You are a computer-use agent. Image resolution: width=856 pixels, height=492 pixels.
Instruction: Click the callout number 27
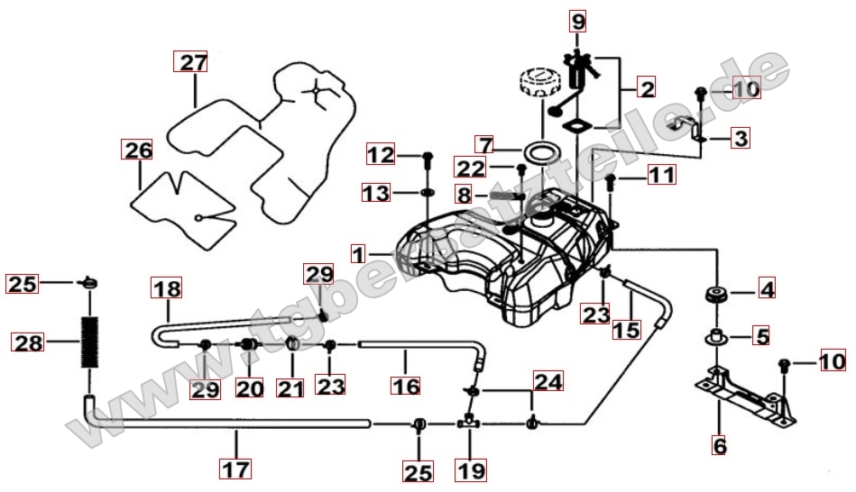(x=191, y=61)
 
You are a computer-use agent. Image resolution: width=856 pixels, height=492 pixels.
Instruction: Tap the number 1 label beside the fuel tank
(x=358, y=254)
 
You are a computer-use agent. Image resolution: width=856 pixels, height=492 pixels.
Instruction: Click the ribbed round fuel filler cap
(x=538, y=82)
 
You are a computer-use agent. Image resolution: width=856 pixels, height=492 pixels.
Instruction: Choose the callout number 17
(x=235, y=469)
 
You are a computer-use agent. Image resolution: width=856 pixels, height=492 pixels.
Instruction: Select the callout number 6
(x=720, y=446)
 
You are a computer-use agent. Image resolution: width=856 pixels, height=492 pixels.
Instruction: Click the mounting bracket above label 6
(x=745, y=395)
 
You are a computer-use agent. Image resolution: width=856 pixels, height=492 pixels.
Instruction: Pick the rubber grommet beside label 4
(x=715, y=295)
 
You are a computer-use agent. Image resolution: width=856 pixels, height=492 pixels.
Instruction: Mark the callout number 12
(x=381, y=154)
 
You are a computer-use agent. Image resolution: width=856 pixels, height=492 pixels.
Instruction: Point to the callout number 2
(x=647, y=87)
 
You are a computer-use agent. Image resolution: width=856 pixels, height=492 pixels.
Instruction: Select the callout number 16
(x=406, y=386)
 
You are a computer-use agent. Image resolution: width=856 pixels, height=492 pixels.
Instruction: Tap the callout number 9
(x=578, y=21)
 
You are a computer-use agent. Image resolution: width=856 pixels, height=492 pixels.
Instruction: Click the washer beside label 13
(x=428, y=193)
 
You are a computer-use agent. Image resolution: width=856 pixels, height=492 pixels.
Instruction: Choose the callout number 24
(x=548, y=381)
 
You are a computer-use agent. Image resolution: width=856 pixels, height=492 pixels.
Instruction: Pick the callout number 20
(x=250, y=388)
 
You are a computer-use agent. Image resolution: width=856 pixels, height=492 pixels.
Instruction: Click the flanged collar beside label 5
(x=715, y=336)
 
